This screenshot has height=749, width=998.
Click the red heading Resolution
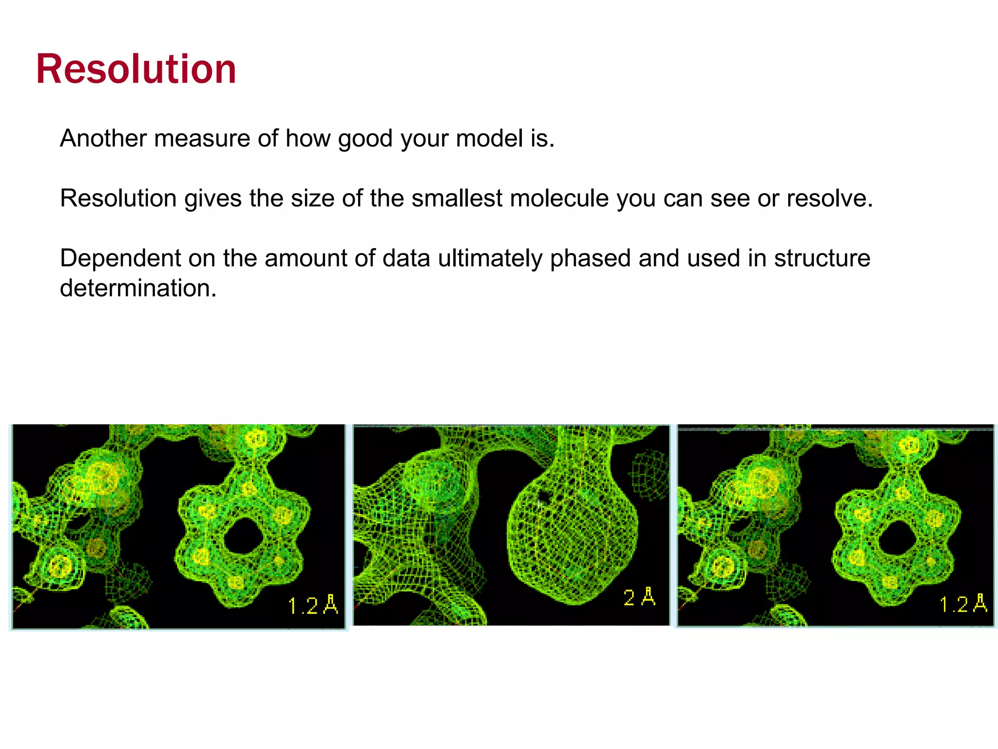coord(136,69)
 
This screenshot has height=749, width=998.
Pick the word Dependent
coord(120,258)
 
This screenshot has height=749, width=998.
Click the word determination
coord(138,288)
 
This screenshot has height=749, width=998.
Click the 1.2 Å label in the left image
coord(312,606)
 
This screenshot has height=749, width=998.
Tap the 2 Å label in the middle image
coord(639,597)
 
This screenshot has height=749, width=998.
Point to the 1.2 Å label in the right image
coord(963,604)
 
